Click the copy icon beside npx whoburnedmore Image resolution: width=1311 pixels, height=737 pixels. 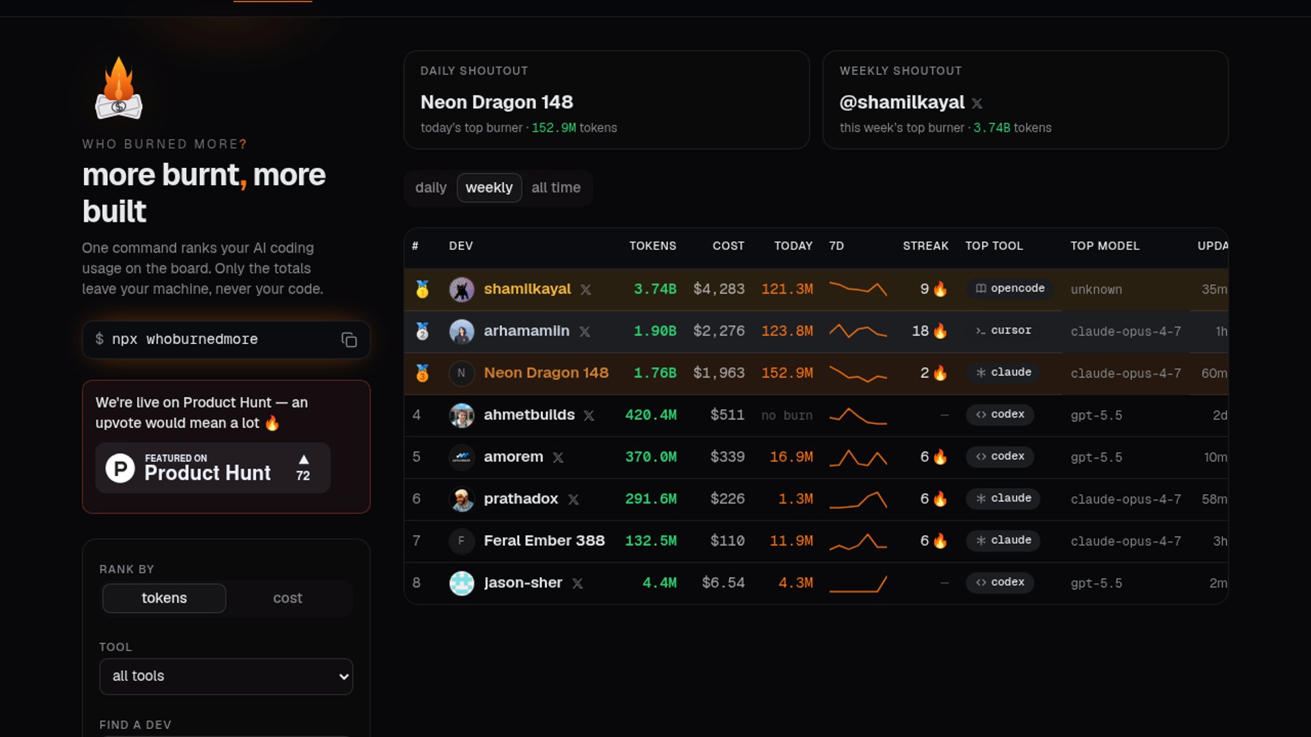pyautogui.click(x=349, y=340)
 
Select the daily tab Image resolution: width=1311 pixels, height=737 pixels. pyautogui.click(x=431, y=188)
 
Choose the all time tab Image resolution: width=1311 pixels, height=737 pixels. pyautogui.click(x=556, y=188)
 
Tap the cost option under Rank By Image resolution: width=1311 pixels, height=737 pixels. pyautogui.click(x=287, y=598)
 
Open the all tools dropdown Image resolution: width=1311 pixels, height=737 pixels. pyautogui.click(x=226, y=676)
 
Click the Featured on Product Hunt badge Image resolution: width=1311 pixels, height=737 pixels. pyautogui.click(x=213, y=468)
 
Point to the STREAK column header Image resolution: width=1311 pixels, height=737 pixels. pyautogui.click(x=925, y=246)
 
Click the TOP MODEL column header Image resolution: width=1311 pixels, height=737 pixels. pyautogui.click(x=1105, y=246)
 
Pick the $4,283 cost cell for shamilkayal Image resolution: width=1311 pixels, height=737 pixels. pyautogui.click(x=719, y=289)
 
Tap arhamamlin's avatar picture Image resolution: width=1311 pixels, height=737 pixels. pyautogui.click(x=462, y=332)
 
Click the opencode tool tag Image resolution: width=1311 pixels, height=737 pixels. pyautogui.click(x=1010, y=289)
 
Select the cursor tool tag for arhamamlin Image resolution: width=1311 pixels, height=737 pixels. pyautogui.click(x=1003, y=331)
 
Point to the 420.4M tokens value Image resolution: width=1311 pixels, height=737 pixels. pyautogui.click(x=651, y=415)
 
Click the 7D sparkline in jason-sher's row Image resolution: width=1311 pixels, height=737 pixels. pyautogui.click(x=858, y=583)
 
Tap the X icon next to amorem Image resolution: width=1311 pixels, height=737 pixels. pyautogui.click(x=558, y=458)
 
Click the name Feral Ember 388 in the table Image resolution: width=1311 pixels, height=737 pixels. pyautogui.click(x=544, y=541)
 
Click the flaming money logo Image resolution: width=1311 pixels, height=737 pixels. pyautogui.click(x=119, y=88)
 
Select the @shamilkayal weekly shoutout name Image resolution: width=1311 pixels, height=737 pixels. pyautogui.click(x=901, y=102)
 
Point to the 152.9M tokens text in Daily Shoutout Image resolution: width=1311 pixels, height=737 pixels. pyautogui.click(x=574, y=128)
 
